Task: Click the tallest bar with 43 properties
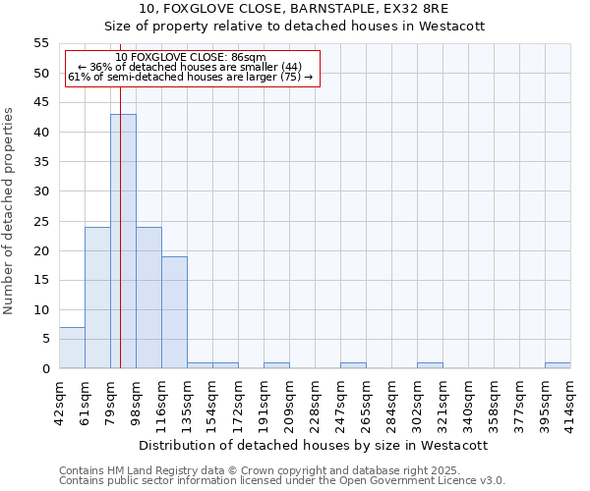coord(123,241)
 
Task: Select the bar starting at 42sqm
coord(72,348)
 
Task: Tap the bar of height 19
coord(174,312)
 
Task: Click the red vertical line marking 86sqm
coord(120,196)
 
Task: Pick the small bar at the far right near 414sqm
coord(558,365)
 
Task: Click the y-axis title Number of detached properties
coord(10,211)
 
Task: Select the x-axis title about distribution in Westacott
coord(314,445)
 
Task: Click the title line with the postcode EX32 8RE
coord(294,9)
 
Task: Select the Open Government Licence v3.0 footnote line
coord(282,481)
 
